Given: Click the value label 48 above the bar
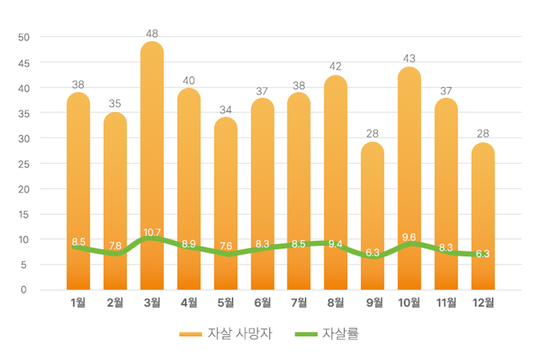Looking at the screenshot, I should click(152, 33).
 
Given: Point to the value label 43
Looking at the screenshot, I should click(409, 59).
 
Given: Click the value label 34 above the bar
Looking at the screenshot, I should click(226, 109).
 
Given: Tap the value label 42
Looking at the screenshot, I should click(336, 66).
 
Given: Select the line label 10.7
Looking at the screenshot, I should click(152, 232).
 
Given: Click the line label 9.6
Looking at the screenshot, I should click(409, 237).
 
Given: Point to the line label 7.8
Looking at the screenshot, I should click(115, 245).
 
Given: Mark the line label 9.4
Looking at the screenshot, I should click(336, 244).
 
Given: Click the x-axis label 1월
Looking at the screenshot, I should click(78, 302).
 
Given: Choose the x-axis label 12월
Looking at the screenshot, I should click(482, 302).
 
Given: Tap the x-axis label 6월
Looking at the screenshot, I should click(262, 302).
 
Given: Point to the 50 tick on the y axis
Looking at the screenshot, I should click(24, 37).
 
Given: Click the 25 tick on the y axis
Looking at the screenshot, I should click(24, 164).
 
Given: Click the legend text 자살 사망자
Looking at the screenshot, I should click(239, 334).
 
